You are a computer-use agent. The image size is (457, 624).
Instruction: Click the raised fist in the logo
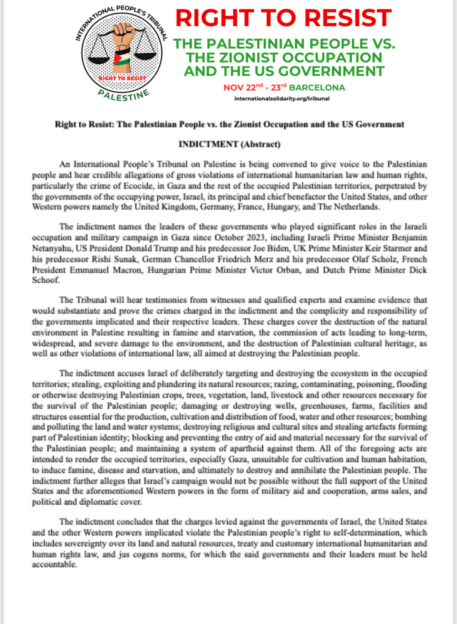(x=123, y=36)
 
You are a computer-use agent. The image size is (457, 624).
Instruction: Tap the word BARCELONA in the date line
(x=317, y=87)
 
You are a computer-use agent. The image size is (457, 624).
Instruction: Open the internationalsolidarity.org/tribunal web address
(x=282, y=98)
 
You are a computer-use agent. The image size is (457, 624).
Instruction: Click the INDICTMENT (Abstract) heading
(x=229, y=144)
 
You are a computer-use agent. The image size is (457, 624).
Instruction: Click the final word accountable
(x=54, y=565)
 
